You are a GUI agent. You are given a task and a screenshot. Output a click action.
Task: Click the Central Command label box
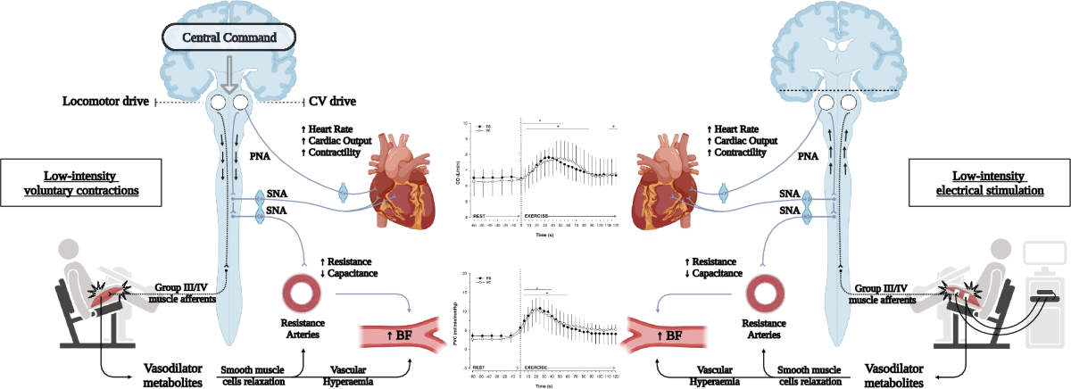pyautogui.click(x=229, y=39)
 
